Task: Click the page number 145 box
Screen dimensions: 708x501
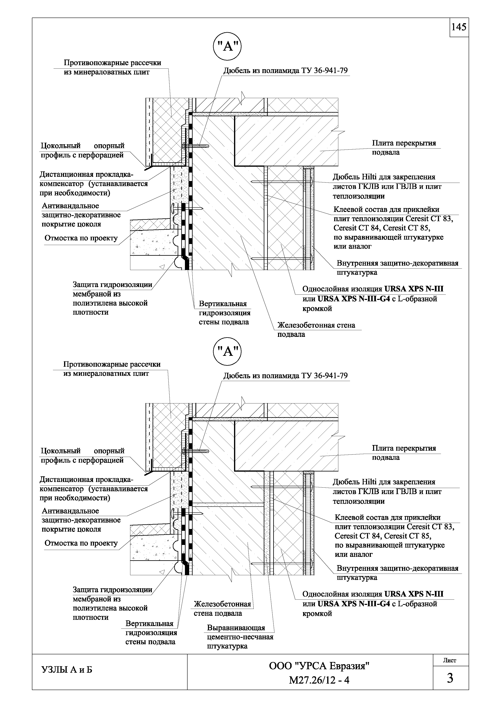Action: click(459, 27)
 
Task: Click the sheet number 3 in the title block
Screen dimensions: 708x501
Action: click(450, 678)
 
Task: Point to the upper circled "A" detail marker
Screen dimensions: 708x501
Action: click(227, 47)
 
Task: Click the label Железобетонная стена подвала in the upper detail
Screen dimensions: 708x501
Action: click(316, 330)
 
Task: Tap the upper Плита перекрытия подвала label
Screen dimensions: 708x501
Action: click(404, 147)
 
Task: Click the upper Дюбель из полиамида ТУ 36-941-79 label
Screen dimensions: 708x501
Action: click(286, 71)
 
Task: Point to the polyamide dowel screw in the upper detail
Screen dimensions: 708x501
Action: click(196, 146)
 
